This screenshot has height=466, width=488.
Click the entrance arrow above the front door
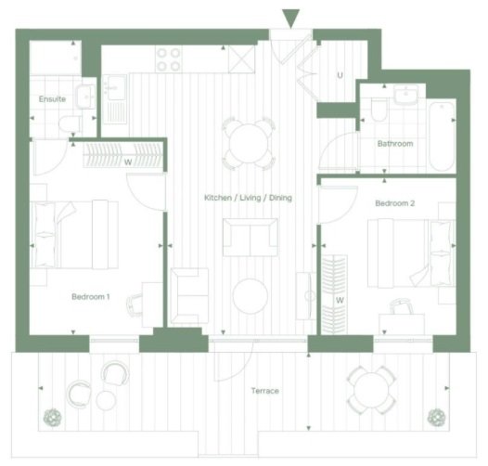(290, 19)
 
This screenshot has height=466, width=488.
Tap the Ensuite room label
(52, 99)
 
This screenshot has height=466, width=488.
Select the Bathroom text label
(395, 144)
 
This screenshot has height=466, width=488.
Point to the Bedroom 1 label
(91, 296)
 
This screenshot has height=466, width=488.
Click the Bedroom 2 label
(395, 203)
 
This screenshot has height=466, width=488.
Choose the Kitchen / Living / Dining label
(248, 198)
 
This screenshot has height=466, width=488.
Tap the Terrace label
(265, 391)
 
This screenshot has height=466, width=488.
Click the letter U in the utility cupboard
(340, 75)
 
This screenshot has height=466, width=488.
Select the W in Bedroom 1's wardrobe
(128, 162)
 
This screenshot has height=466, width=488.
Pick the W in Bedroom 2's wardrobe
(340, 300)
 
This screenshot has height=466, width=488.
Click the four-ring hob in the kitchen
(168, 59)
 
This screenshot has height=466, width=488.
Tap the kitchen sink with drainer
(115, 99)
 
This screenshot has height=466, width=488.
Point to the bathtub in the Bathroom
(442, 136)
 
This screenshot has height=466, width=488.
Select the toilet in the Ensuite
(71, 124)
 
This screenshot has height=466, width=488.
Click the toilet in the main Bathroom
(379, 110)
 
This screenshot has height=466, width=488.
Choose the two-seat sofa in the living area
(250, 238)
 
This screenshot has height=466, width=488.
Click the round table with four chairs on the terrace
(371, 390)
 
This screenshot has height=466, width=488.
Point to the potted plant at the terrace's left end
(52, 418)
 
